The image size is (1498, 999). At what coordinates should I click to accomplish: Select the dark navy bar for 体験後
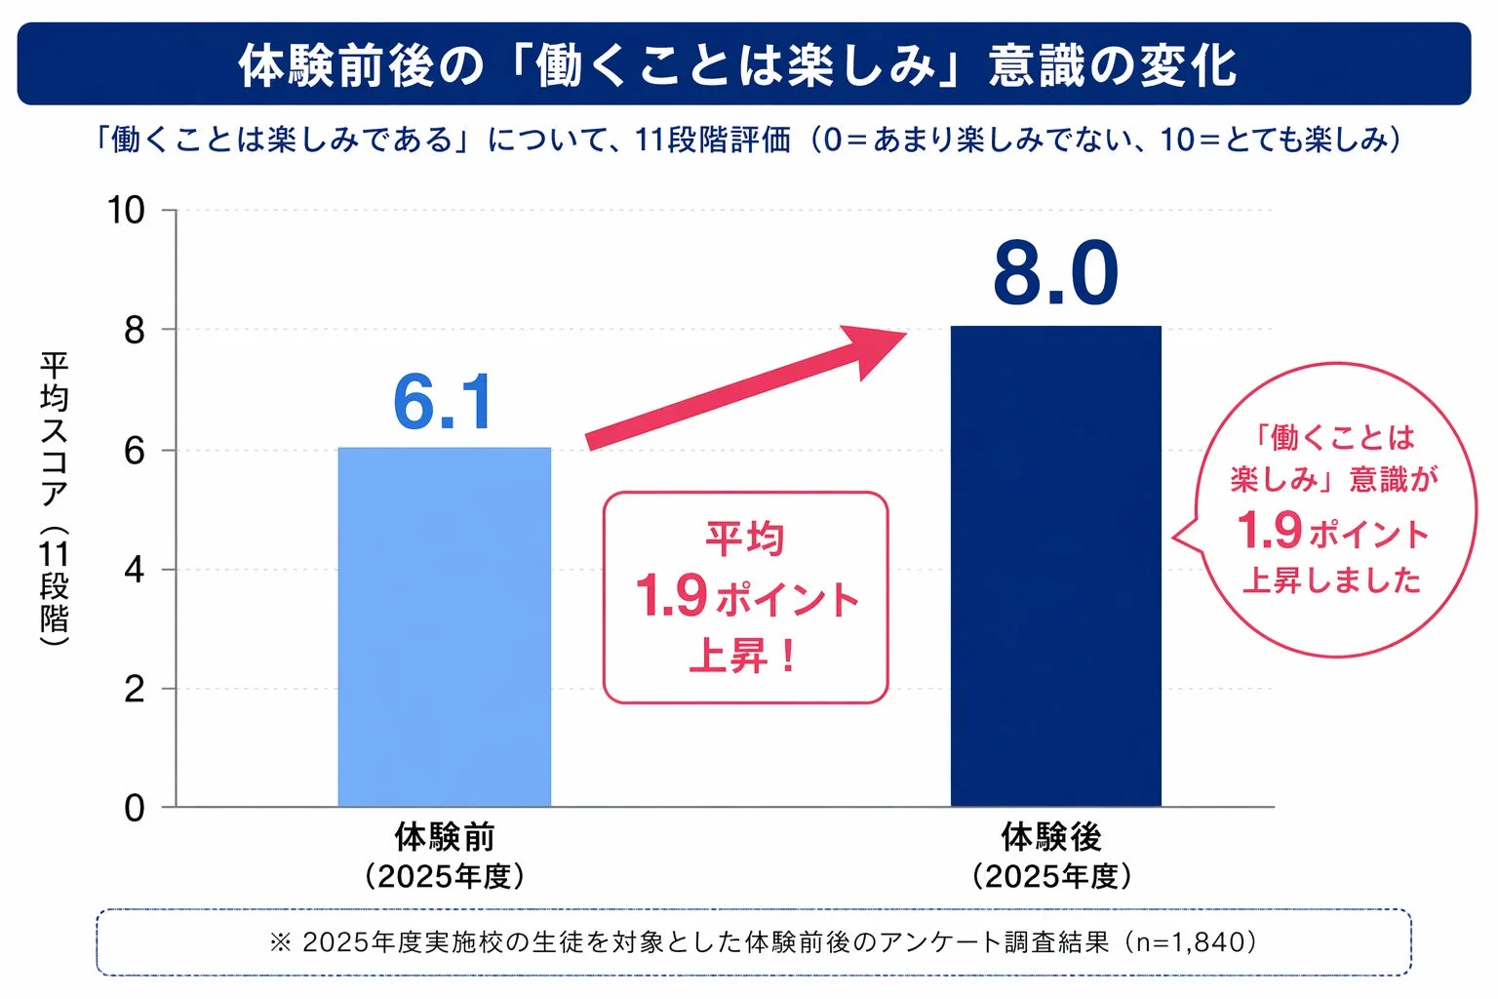click(x=1055, y=566)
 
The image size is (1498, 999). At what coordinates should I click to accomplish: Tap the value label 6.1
click(x=444, y=402)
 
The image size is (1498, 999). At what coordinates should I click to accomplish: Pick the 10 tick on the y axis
click(x=126, y=211)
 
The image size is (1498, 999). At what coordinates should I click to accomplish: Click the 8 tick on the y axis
click(x=134, y=331)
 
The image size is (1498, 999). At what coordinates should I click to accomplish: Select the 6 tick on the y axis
click(x=134, y=451)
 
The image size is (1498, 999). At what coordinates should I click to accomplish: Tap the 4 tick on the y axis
click(x=134, y=570)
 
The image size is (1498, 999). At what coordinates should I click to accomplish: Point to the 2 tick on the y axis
click(x=134, y=689)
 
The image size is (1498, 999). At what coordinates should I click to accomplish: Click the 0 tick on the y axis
click(x=134, y=808)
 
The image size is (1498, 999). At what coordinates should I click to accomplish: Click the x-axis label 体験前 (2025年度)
click(x=445, y=856)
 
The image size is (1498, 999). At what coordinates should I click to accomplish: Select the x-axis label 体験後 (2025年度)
click(x=1051, y=856)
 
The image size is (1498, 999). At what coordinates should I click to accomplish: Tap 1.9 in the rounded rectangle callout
click(x=671, y=596)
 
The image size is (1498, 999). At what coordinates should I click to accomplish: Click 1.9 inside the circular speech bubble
click(x=1269, y=531)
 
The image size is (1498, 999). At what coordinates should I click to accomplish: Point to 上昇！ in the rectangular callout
click(x=744, y=656)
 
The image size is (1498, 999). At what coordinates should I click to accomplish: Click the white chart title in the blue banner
click(x=738, y=65)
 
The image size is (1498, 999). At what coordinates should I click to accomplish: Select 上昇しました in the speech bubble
click(x=1331, y=580)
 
